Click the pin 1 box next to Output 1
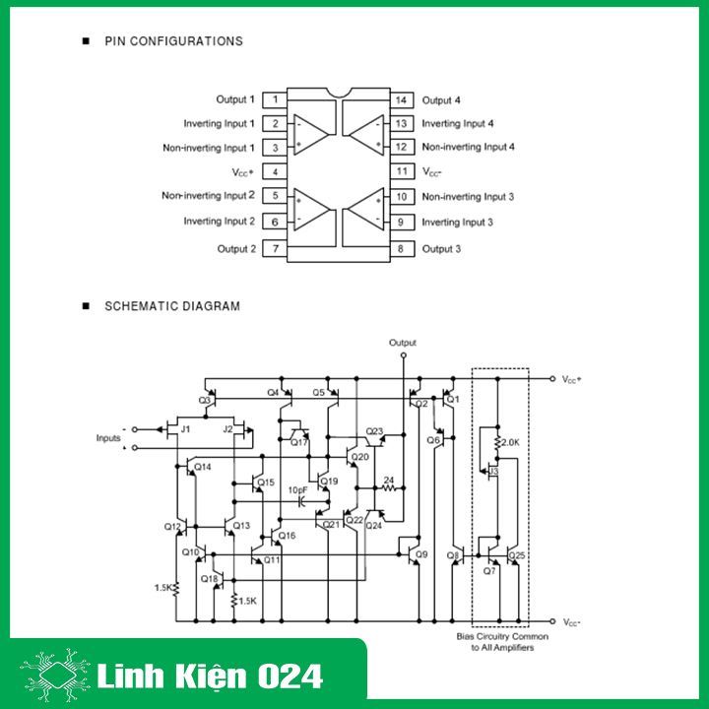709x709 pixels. point(275,99)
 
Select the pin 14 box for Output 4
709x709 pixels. point(401,99)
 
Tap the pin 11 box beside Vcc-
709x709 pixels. point(401,171)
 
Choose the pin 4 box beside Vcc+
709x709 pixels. point(275,171)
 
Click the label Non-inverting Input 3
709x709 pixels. point(468,197)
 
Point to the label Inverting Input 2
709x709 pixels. point(219,222)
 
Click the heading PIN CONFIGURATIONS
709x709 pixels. point(173,41)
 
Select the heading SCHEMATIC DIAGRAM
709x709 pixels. point(171,306)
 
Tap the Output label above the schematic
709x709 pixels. point(402,343)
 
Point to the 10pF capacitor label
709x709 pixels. point(297,489)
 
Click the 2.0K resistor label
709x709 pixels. point(510,442)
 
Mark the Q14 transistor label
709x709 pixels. point(203,466)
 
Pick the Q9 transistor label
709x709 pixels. point(421,555)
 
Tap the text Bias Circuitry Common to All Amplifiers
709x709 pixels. point(502,642)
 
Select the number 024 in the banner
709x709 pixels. point(290,677)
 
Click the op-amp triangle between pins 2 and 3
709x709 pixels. point(312,134)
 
